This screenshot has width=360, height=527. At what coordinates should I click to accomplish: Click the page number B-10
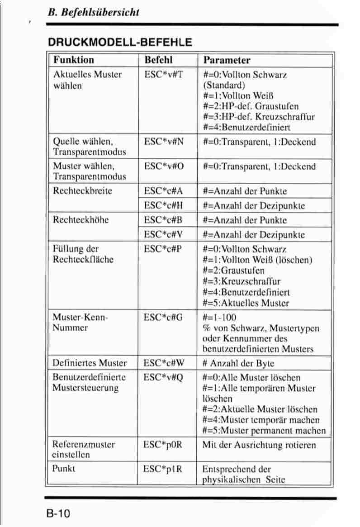tap(57, 514)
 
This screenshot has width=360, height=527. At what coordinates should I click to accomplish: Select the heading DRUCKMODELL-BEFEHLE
tap(120, 43)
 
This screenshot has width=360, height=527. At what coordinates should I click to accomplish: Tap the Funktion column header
tap(74, 60)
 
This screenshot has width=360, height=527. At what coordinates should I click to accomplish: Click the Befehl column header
tap(158, 60)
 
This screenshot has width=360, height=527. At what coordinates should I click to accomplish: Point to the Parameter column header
tap(227, 60)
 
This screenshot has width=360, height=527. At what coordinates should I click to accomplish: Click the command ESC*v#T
tap(163, 74)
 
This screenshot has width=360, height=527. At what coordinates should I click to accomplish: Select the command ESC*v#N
tap(164, 142)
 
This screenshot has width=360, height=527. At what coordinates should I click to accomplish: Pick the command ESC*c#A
tap(163, 191)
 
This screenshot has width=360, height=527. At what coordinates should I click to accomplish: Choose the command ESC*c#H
tap(163, 205)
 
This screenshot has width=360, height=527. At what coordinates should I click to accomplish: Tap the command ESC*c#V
tap(163, 234)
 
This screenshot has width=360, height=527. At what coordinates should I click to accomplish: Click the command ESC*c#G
tap(163, 317)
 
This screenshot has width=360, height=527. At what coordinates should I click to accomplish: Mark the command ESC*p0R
tap(163, 445)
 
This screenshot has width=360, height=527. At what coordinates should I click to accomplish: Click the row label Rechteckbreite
tap(82, 191)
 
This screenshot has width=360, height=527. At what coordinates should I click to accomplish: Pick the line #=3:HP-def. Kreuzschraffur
tap(259, 117)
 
